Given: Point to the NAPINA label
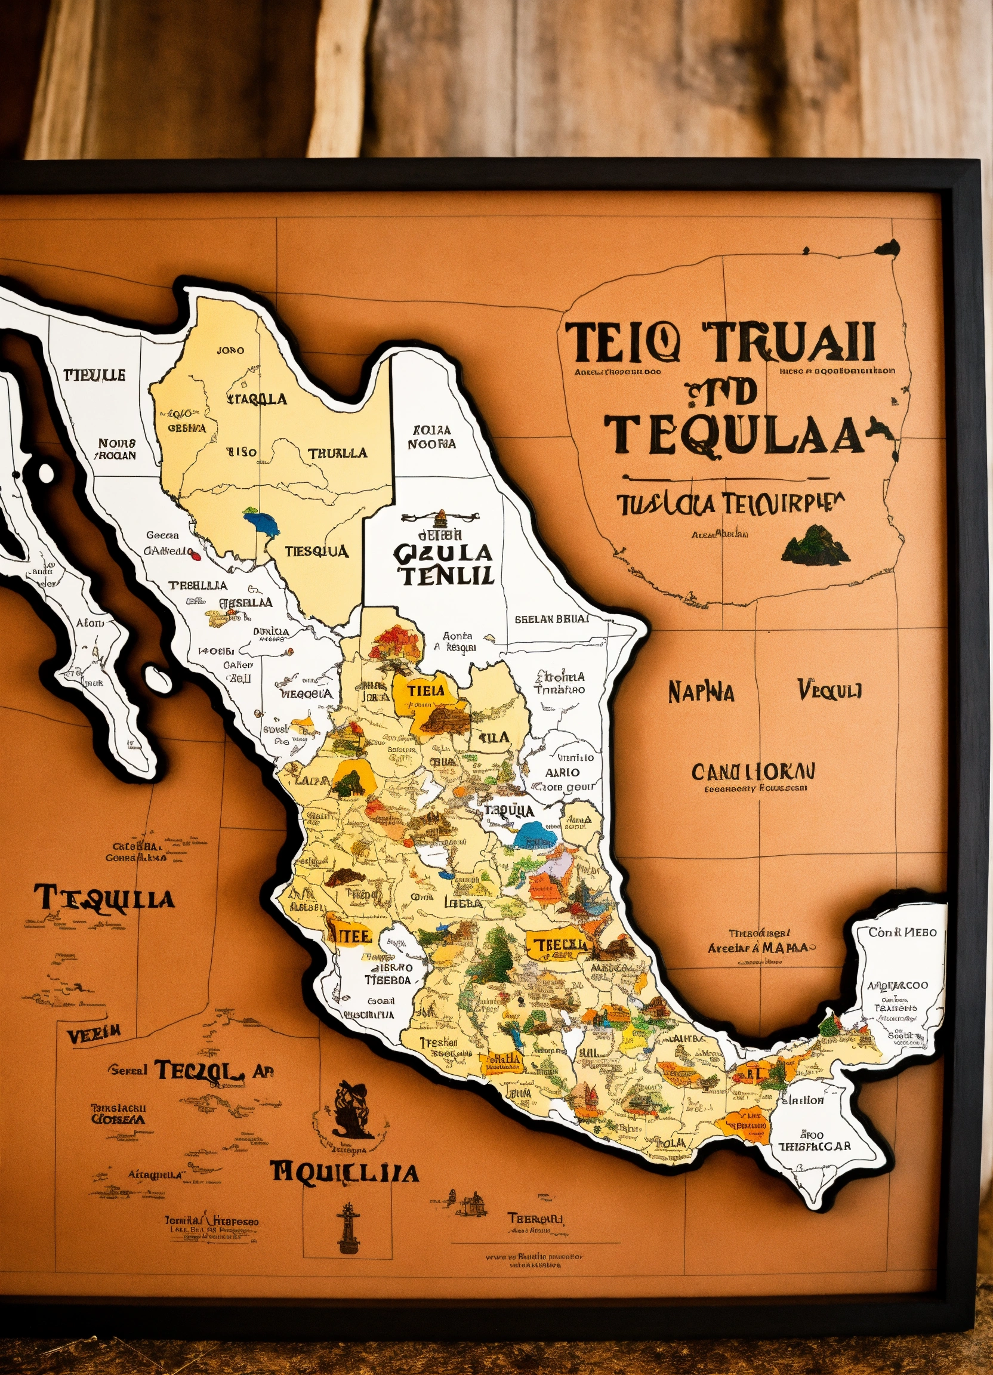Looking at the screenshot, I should point(701,692).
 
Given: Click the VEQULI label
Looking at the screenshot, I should point(829,690).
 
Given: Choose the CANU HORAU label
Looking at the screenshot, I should point(754,772).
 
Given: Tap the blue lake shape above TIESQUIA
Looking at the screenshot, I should point(262,522).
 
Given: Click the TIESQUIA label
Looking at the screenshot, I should point(316,551).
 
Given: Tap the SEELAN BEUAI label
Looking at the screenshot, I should point(551,619).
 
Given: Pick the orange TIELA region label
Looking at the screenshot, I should point(425,690).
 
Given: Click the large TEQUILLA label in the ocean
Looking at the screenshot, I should point(104,900).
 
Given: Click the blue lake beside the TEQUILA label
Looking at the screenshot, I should point(535,836).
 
